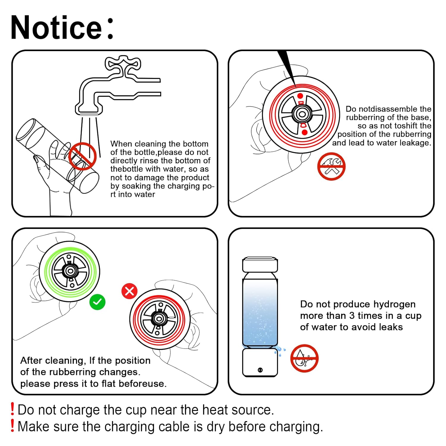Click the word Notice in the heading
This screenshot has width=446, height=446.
[56, 27]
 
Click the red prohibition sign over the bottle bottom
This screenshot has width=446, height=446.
[82, 156]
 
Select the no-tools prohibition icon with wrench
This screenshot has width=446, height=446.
[331, 167]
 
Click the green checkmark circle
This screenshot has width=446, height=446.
[98, 302]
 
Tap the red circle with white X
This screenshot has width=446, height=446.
[130, 291]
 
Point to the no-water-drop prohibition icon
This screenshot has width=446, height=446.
[304, 358]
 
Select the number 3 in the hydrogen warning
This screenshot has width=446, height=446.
[352, 315]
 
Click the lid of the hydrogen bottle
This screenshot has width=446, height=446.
[260, 264]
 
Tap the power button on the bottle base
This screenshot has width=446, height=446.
[260, 370]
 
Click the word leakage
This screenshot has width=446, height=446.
[415, 143]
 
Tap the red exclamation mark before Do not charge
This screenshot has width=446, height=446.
[12, 409]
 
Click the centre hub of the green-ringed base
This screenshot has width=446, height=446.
[70, 271]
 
